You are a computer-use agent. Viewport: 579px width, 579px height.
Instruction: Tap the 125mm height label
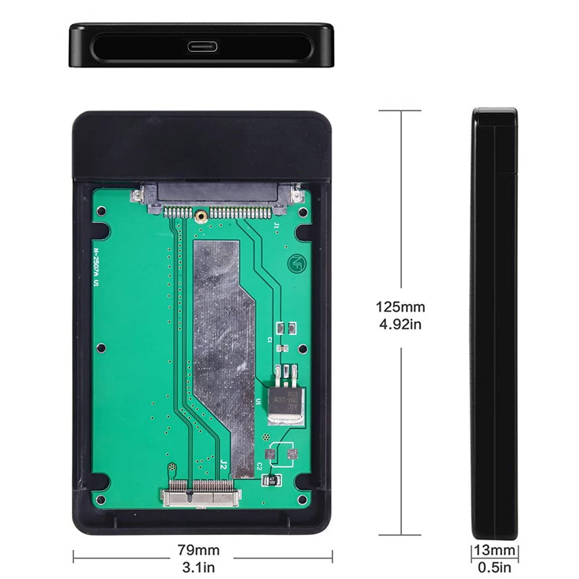coord(400,306)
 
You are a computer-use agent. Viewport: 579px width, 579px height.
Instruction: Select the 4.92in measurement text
coord(400,324)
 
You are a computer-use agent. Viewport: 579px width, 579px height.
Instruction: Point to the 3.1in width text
coord(201,567)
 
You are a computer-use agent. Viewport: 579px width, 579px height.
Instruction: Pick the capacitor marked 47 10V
coord(271,479)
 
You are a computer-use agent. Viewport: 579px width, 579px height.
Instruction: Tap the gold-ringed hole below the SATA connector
coord(200,216)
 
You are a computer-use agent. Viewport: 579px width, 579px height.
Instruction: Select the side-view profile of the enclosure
coord(494,324)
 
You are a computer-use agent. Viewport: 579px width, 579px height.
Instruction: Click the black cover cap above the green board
coord(203,145)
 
